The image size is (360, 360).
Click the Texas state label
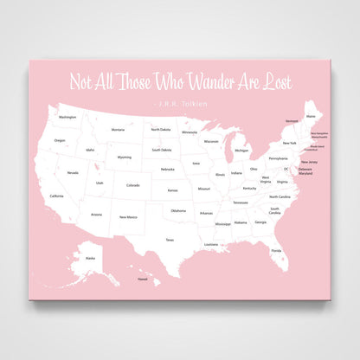170,239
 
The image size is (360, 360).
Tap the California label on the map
56,196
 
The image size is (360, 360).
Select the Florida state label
276,250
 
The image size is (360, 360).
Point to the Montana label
118,130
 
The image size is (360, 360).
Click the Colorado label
132,184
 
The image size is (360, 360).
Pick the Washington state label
67,116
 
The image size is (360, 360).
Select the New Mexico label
129,216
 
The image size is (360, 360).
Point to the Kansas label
173,190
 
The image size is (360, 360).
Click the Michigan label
241,150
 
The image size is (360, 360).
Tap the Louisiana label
211,244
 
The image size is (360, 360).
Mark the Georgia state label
261,222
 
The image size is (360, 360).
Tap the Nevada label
73,172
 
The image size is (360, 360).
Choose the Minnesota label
190,132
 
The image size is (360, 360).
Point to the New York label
289,142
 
